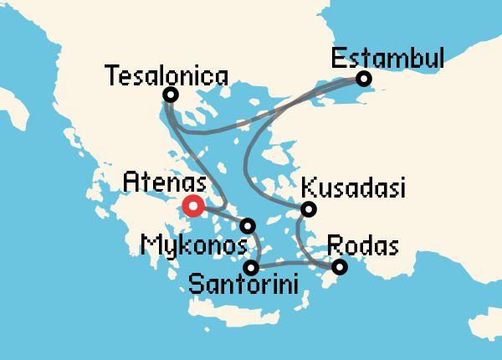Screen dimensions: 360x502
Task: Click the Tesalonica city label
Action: point(167,76)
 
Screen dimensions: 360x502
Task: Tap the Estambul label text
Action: point(387,59)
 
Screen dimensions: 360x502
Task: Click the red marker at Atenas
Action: point(192,205)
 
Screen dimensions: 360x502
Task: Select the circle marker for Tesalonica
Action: point(171,95)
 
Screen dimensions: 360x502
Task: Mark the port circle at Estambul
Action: point(363,79)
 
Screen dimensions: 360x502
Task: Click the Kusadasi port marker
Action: point(308,209)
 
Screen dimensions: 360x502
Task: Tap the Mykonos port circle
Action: point(248,225)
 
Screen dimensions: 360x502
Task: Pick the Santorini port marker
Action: point(251,268)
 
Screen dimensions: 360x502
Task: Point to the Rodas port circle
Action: point(339,268)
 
